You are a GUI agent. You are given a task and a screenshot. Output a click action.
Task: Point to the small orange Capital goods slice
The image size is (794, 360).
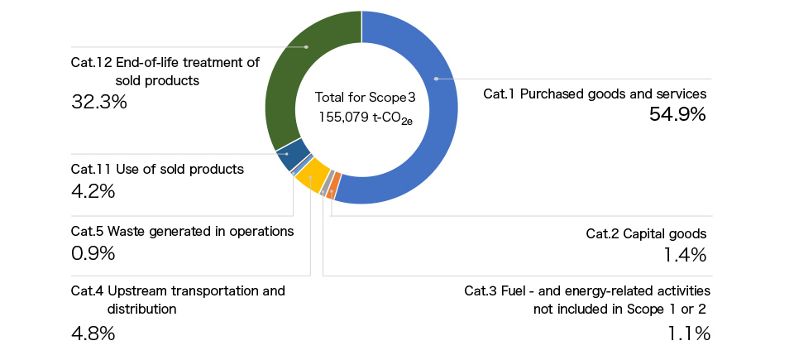point(333,193)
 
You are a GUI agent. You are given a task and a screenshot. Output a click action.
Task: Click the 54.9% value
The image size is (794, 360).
point(677,116)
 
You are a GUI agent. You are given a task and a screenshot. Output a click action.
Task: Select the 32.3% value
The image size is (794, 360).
point(99,103)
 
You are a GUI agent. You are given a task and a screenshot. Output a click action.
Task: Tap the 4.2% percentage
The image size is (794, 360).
point(93,191)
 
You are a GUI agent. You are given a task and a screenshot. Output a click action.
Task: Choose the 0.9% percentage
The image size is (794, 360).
point(93,253)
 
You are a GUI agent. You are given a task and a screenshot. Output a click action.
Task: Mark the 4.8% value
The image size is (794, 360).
point(93,334)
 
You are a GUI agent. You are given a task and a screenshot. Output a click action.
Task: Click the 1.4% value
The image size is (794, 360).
point(685,255)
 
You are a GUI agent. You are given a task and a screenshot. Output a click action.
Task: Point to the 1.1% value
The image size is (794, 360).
point(688,334)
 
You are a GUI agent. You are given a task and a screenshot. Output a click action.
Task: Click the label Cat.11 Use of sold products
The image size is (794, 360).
point(157,169)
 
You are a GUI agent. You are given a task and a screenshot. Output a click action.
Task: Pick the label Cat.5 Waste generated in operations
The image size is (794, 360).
point(182,231)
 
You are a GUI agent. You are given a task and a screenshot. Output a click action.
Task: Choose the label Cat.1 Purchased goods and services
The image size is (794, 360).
point(594,94)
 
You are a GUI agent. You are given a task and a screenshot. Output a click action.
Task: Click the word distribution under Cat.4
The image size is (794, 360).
point(141,309)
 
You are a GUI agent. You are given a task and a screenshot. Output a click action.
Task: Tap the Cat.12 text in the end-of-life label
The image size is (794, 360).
point(91,62)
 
